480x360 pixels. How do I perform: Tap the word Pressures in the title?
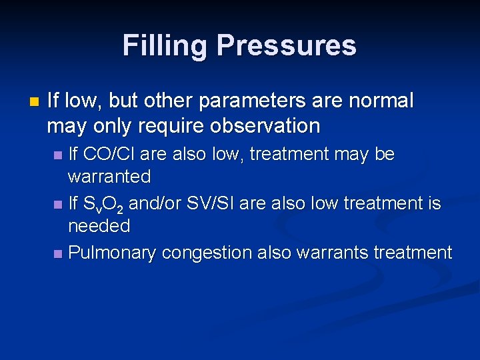287,46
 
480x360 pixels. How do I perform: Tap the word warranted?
109,177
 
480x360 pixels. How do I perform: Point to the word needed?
99,227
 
